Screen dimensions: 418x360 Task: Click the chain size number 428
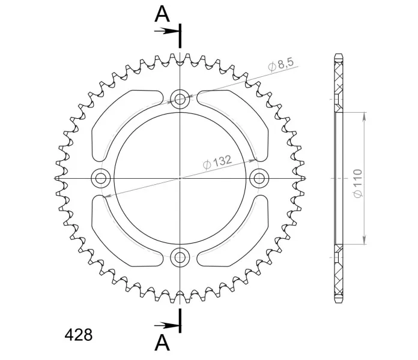point(78,335)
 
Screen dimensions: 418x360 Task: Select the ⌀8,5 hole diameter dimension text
point(280,64)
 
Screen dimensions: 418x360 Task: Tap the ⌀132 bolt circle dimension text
point(217,162)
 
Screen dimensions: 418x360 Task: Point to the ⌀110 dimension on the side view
point(358,184)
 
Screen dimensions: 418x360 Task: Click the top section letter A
point(162,14)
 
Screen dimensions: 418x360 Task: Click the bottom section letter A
point(162,343)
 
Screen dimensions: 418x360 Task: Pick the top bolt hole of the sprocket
point(180,99)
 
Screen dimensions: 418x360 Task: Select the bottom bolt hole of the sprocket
point(180,257)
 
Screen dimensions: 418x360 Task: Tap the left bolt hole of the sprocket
point(101,178)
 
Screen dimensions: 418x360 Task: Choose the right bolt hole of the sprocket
point(259,178)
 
